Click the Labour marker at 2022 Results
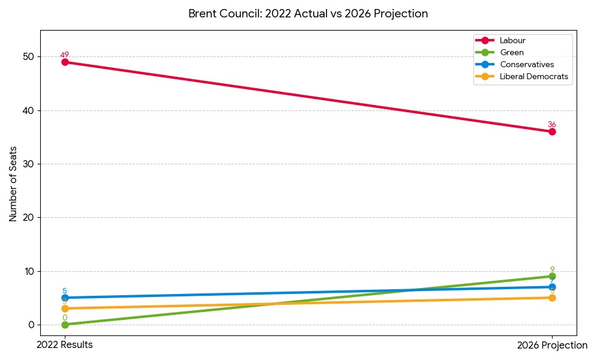(65, 62)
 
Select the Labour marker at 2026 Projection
(552, 131)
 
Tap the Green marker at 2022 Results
(65, 325)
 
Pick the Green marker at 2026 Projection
(552, 276)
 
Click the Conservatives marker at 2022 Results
(65, 298)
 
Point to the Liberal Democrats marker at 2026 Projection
(552, 298)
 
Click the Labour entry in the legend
(512, 40)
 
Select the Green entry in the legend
(511, 52)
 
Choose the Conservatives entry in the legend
(526, 64)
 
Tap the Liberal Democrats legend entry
(533, 76)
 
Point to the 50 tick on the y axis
(29, 57)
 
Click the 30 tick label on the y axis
(29, 164)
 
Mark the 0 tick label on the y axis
(32, 325)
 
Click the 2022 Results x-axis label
(65, 345)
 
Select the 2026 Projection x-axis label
(552, 345)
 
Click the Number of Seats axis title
(13, 184)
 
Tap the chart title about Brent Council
(308, 13)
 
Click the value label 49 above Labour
(65, 55)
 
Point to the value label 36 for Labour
(552, 124)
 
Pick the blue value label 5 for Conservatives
(65, 291)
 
